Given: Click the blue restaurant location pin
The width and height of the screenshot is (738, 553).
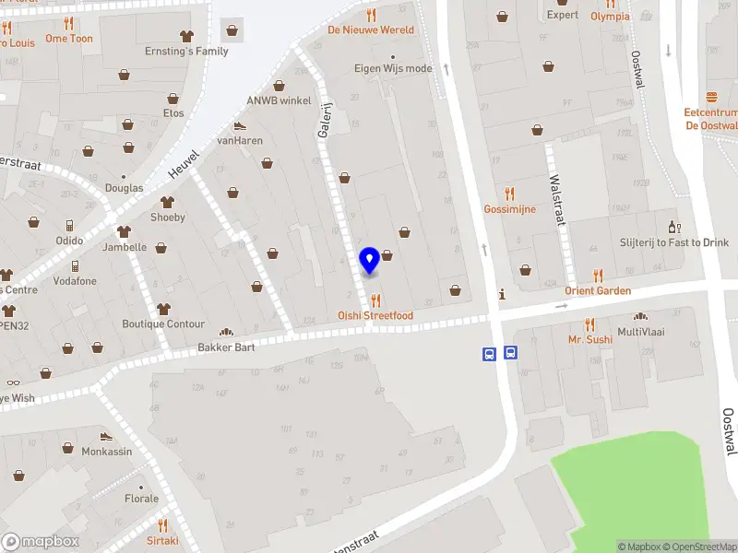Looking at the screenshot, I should tap(369, 260).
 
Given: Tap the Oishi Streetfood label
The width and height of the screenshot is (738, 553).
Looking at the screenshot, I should tap(375, 316).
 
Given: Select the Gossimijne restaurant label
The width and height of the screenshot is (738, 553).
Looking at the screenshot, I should tap(509, 209).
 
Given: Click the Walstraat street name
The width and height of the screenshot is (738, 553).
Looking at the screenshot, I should tap(556, 199).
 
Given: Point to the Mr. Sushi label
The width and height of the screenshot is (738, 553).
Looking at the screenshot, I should tap(589, 339).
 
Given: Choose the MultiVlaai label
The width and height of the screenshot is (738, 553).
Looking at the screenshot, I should tap(641, 332).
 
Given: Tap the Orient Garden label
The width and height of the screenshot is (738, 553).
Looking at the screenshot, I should tap(598, 291).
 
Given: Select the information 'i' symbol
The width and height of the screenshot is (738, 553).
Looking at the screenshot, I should tap(501, 295).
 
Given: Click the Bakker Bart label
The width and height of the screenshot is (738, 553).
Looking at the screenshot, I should tap(226, 347).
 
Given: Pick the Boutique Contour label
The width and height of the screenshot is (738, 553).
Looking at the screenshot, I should tap(163, 324).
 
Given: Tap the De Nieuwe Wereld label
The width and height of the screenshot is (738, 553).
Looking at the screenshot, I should tap(371, 29).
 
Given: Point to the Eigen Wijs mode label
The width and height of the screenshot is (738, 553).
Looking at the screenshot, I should tap(393, 68).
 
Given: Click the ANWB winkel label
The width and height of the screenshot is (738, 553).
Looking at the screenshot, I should tap(279, 100).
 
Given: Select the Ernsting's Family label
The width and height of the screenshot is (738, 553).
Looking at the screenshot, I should tap(186, 52).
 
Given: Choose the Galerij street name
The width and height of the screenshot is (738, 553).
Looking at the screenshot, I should tap(325, 121).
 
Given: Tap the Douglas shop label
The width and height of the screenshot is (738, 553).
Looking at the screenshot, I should tap(125, 188).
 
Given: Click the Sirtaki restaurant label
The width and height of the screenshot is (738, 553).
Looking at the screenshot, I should tap(162, 541).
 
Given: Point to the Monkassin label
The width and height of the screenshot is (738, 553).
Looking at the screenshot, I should tap(106, 453).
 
